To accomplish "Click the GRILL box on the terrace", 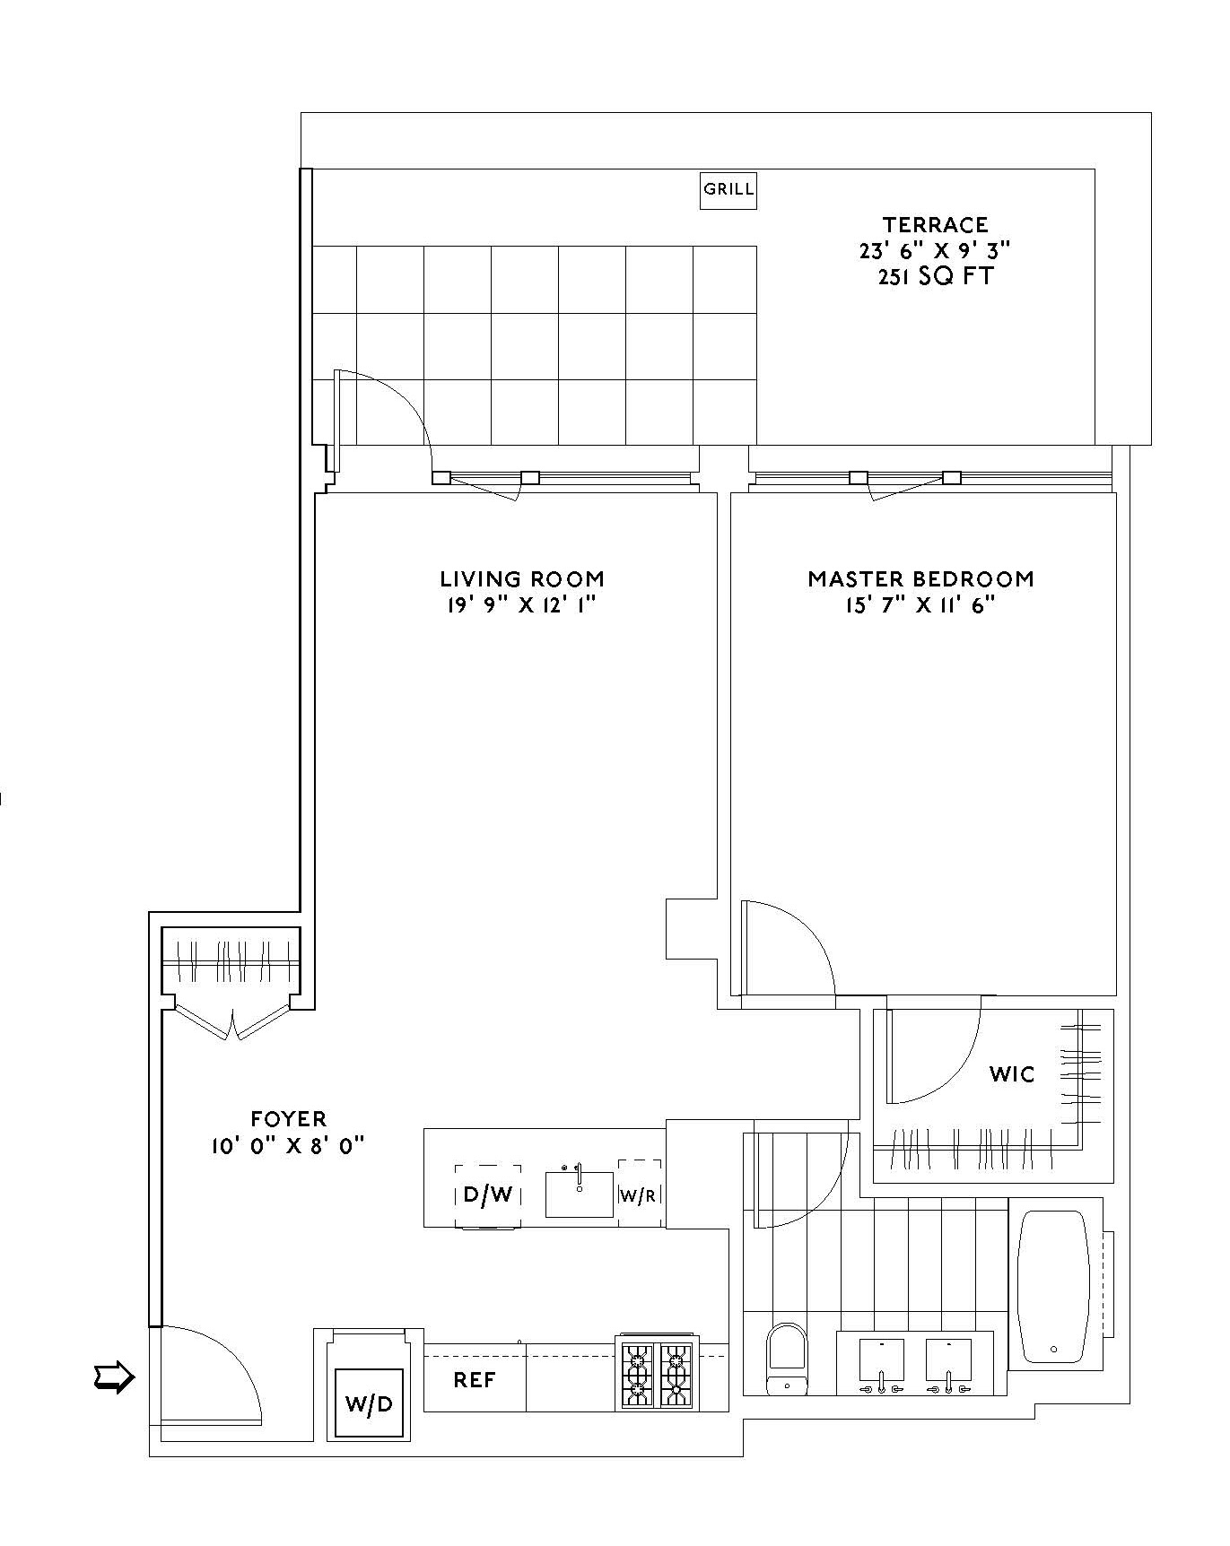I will point(728,190).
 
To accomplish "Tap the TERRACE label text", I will point(935,225).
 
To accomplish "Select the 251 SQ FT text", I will point(935,276).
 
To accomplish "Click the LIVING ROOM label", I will point(521,579).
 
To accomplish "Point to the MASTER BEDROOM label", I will point(920,579).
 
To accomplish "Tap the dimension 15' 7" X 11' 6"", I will point(920,605).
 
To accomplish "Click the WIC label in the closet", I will point(1012,1074).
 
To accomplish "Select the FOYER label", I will point(289,1119).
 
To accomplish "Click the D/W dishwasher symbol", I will point(487,1195).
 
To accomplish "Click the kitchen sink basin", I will point(580,1196).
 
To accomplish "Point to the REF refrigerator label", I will point(474,1380).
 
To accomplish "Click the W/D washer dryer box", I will point(369,1403).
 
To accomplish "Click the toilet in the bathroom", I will point(788,1358).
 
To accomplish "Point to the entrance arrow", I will point(114,1377).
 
